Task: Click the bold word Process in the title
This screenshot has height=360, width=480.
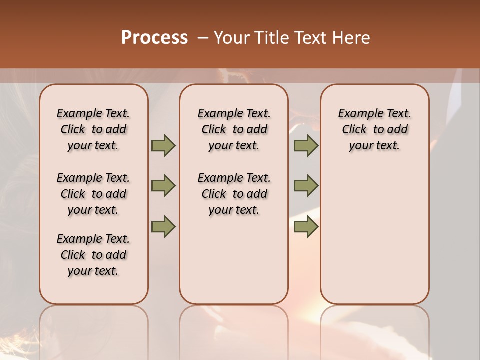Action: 154,37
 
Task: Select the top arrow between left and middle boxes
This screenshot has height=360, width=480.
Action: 163,145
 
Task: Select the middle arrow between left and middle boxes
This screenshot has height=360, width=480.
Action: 163,186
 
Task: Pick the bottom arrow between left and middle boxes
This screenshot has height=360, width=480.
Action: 163,226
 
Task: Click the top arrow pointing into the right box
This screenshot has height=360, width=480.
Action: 306,145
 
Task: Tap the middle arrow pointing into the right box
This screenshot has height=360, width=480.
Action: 306,186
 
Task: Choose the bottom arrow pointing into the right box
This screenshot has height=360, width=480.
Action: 306,226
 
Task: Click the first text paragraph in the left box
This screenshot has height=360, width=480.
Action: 93,129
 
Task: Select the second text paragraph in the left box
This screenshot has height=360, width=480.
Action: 93,194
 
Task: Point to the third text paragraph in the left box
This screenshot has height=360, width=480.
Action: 93,255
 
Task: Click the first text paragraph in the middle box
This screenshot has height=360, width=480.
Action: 234,129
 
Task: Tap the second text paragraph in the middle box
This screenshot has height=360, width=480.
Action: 234,194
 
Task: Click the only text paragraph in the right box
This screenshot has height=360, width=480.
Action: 374,129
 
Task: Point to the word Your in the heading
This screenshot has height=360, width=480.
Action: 232,37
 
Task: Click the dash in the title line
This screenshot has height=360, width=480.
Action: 203,38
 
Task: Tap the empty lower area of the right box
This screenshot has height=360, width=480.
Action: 374,240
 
